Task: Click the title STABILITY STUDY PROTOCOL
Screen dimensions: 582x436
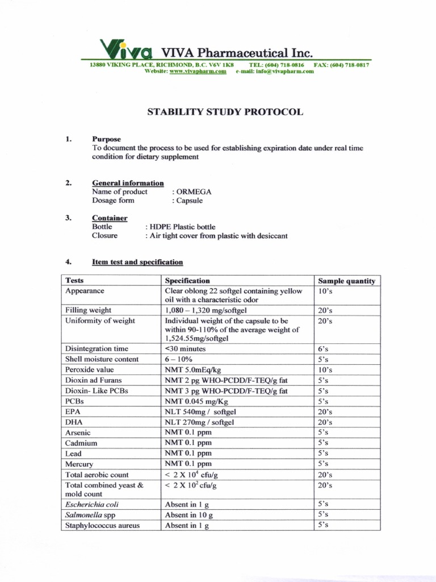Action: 225,112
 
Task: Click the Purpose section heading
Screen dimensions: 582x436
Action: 106,139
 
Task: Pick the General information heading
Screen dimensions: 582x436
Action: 128,183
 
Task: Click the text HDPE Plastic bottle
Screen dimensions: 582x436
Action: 181,227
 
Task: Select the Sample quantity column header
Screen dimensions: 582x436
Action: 346,281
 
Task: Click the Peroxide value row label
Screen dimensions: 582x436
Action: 90,369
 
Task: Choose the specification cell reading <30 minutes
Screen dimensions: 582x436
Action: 185,348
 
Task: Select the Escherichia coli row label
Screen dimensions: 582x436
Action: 92,504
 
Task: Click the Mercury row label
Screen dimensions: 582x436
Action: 79,464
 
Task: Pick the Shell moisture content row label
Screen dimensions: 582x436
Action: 102,359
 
